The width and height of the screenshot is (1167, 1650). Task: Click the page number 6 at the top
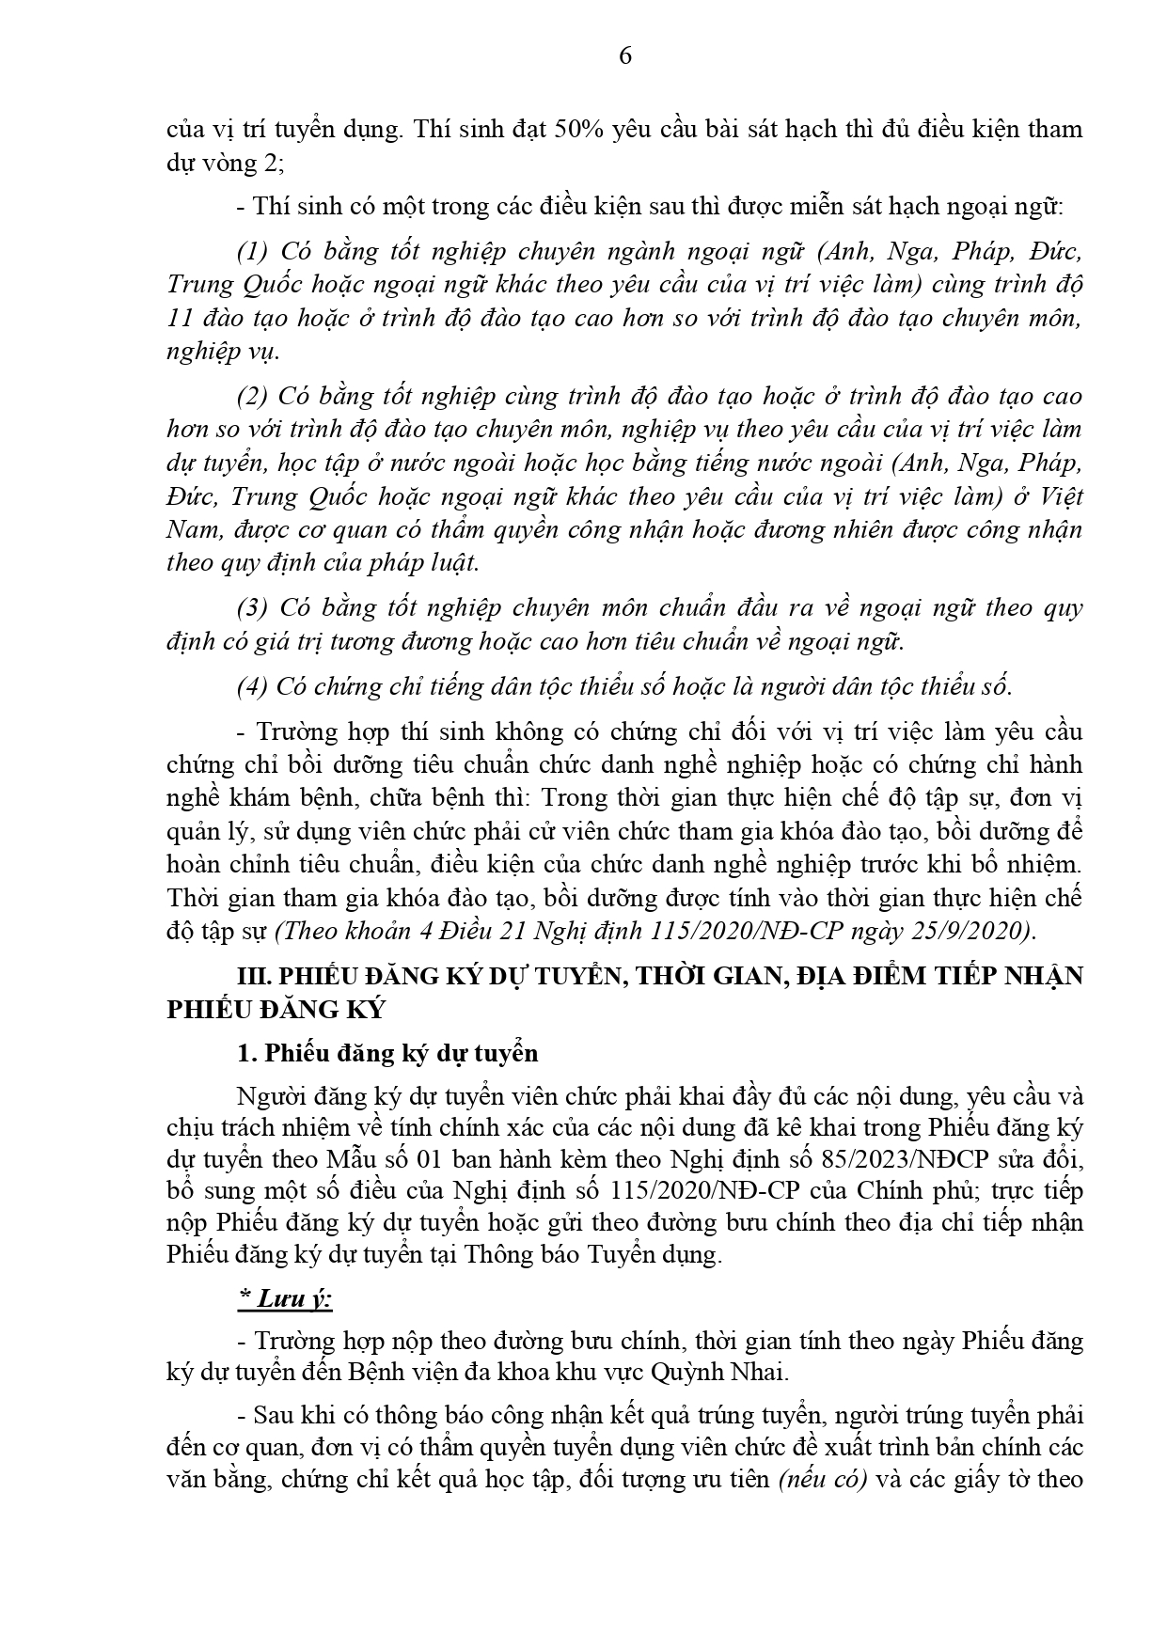625,56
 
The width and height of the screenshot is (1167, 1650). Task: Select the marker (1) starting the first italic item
253,252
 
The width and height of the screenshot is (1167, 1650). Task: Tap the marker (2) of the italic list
253,397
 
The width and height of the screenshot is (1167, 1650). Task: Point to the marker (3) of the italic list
253,607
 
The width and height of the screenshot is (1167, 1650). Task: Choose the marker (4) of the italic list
253,686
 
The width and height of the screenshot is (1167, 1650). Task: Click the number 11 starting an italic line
179,318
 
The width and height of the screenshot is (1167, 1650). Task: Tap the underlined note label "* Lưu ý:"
285,1299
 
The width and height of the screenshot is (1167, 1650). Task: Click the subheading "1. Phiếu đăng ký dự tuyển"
387,1053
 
